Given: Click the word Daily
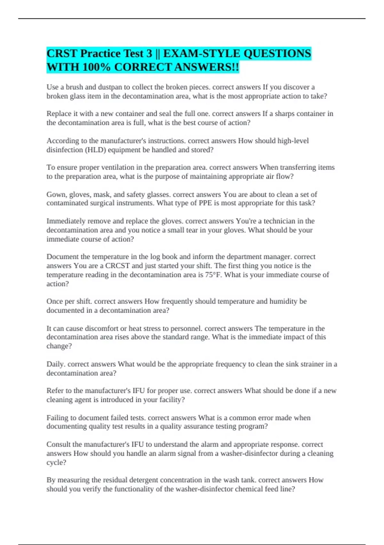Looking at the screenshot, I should click(x=56, y=364).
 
